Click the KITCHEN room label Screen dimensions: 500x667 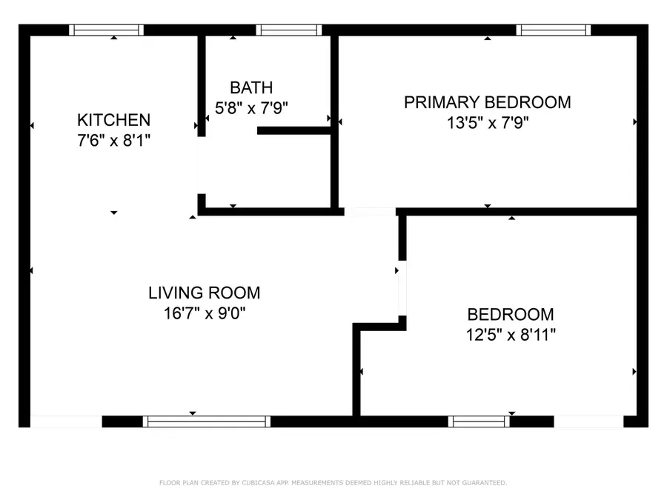tap(113, 120)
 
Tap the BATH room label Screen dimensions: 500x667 tap(251, 87)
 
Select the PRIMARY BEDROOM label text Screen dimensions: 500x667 tap(487, 102)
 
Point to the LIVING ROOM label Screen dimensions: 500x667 tap(204, 293)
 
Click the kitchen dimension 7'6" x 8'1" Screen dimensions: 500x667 tap(113, 140)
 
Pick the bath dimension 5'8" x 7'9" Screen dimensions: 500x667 tap(251, 108)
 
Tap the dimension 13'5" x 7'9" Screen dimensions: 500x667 tap(487, 123)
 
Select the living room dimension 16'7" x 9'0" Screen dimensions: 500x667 tap(204, 313)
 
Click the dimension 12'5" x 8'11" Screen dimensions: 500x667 tap(510, 334)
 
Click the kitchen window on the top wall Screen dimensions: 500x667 tap(107, 30)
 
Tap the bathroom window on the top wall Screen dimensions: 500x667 tap(289, 30)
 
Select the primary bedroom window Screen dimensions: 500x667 tap(554, 30)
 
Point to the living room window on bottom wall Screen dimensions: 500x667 tap(207, 421)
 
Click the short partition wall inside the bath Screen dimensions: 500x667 tap(295, 131)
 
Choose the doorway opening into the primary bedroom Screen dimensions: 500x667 tap(371, 212)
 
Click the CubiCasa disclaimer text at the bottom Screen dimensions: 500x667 tap(333, 483)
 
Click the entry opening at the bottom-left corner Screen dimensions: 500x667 tap(65, 421)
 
